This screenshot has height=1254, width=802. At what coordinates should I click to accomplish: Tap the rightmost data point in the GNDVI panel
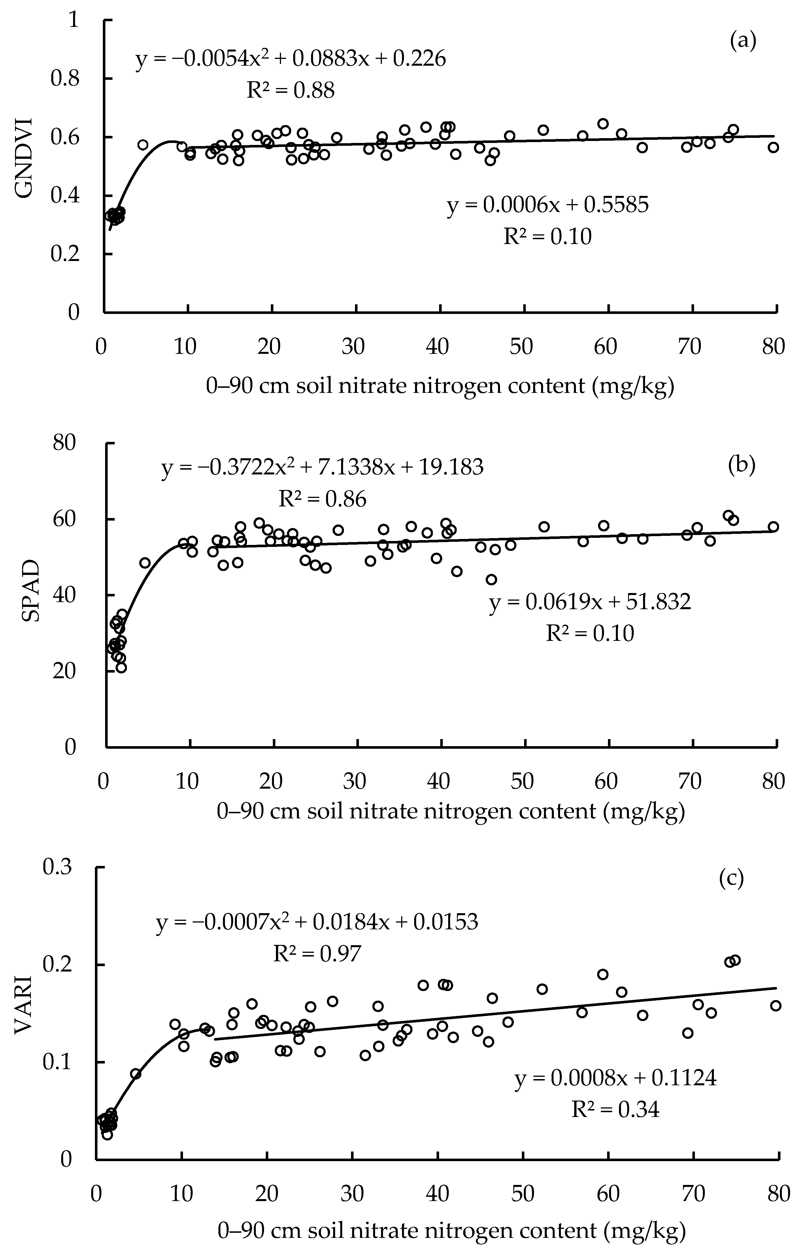click(x=773, y=147)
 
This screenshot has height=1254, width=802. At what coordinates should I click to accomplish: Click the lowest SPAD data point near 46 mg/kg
click(x=491, y=579)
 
